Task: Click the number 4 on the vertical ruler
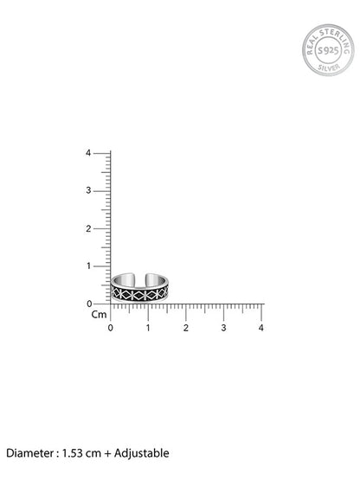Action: pos(88,153)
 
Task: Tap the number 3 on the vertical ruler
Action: pos(88,190)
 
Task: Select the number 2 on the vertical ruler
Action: pos(88,228)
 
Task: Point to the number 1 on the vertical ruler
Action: pos(88,266)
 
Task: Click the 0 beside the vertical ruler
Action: pos(89,304)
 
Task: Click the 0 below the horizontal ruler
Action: pos(110,328)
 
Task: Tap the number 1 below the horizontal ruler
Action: pos(148,328)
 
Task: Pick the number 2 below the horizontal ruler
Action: pos(186,328)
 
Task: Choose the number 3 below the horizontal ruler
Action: pos(223,328)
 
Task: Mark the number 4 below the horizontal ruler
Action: pos(260,328)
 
